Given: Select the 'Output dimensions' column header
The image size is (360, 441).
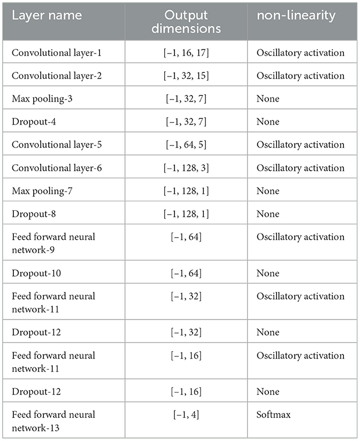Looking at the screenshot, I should pyautogui.click(x=186, y=21).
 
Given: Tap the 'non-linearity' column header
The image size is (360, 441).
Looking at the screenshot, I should pyautogui.click(x=295, y=16).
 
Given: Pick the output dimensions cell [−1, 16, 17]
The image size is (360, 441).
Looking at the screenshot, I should pyautogui.click(x=186, y=52).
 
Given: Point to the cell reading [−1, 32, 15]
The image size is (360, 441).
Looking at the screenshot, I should pyautogui.click(x=186, y=75).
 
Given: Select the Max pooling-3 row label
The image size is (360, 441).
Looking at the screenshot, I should pyautogui.click(x=36, y=98).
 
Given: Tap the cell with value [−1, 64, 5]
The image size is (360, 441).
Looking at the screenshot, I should pyautogui.click(x=186, y=145).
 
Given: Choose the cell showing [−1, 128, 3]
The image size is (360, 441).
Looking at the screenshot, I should pyautogui.click(x=186, y=168).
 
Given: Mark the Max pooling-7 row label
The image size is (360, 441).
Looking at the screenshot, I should pyautogui.click(x=36, y=191).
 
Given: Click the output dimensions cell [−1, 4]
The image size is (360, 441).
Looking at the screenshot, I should pyautogui.click(x=186, y=414).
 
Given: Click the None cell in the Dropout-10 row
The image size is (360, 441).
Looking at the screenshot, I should pyautogui.click(x=267, y=273).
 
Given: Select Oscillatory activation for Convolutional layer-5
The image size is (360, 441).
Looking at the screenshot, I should pyautogui.click(x=300, y=145).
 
